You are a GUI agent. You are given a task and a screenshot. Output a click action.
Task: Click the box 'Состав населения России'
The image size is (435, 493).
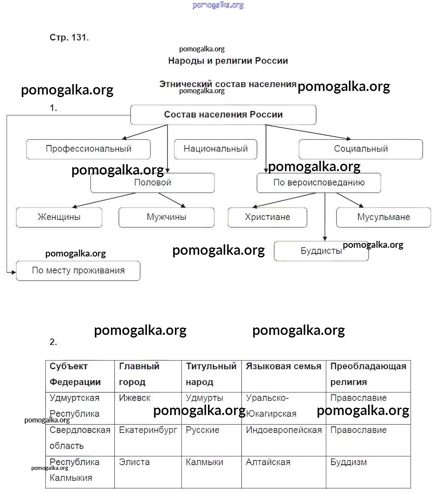[223, 115]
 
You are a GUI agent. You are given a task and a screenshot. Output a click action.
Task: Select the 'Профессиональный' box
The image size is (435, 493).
[88, 149]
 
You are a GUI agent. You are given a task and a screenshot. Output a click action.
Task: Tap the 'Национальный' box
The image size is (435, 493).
[215, 149]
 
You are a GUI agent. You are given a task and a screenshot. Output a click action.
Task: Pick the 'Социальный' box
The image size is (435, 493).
[361, 149]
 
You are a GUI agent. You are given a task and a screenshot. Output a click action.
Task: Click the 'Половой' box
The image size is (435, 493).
[152, 183]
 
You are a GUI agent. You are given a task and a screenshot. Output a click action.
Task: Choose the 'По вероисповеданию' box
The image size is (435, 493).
[318, 183]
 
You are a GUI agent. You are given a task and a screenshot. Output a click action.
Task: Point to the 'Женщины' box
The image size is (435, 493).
[59, 217]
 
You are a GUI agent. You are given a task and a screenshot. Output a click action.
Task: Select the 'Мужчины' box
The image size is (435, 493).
[166, 217]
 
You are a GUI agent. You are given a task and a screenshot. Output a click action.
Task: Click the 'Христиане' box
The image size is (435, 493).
[267, 217]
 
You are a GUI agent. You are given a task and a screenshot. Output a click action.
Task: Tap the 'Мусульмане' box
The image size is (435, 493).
[383, 217]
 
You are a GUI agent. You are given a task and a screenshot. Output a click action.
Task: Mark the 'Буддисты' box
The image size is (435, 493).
[321, 251]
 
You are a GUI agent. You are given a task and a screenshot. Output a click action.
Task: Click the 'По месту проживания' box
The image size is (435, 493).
[78, 270]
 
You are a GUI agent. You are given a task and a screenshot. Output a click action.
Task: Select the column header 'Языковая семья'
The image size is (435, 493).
[283, 366]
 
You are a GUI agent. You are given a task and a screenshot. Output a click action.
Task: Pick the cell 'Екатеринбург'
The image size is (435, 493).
[148, 430]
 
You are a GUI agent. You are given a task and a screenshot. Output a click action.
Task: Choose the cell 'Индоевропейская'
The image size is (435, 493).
[284, 430]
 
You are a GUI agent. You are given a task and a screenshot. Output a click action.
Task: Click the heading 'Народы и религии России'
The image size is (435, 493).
[228, 61]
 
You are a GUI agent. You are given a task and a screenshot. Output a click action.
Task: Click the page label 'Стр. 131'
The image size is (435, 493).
[69, 37]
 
